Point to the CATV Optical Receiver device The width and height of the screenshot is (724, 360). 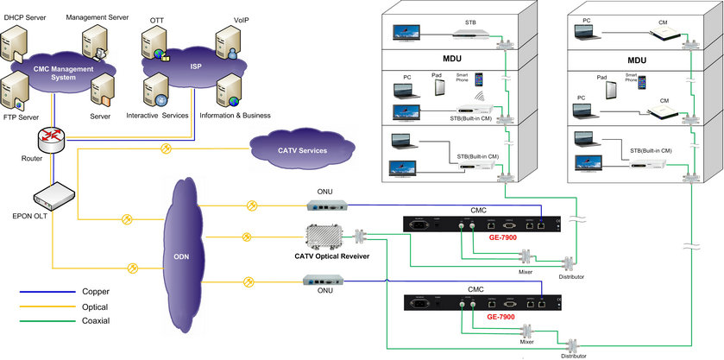(x=324, y=237)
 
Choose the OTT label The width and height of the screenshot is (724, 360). (x=156, y=18)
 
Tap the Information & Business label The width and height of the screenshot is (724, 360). (x=235, y=115)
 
